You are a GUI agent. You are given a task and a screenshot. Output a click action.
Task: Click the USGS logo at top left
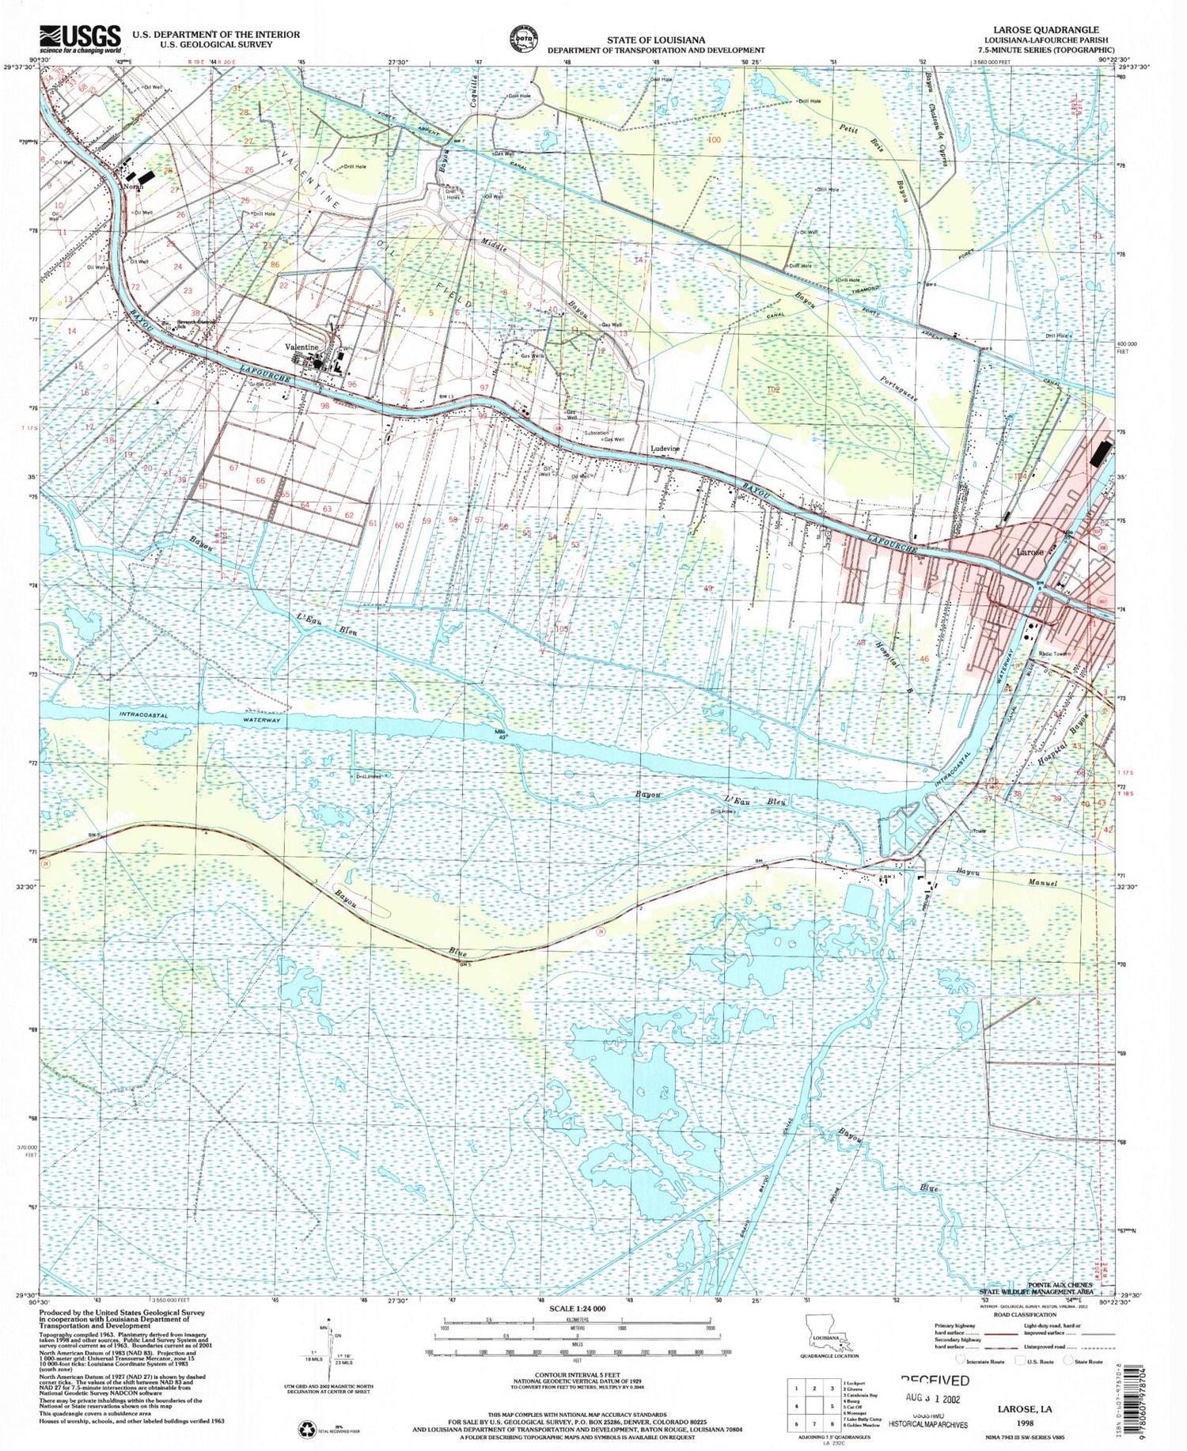coord(80,38)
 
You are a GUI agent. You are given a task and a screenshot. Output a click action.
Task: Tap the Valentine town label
coord(301,347)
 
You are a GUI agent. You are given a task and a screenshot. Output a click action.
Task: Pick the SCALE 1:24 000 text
coord(577,1309)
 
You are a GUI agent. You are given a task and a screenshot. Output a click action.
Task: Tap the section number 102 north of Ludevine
coord(773,389)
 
